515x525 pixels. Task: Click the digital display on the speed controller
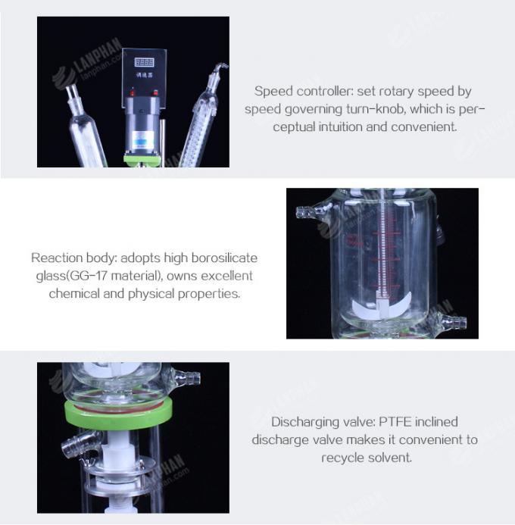144,62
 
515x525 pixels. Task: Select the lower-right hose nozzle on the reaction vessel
452,323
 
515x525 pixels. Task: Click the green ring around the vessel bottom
117,410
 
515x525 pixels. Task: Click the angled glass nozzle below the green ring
73,447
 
